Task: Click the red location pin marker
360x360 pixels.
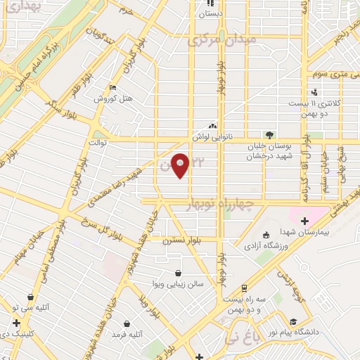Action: tap(181, 165)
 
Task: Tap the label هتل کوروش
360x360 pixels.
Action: tap(114, 98)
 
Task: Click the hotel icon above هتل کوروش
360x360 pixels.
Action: tap(113, 88)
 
